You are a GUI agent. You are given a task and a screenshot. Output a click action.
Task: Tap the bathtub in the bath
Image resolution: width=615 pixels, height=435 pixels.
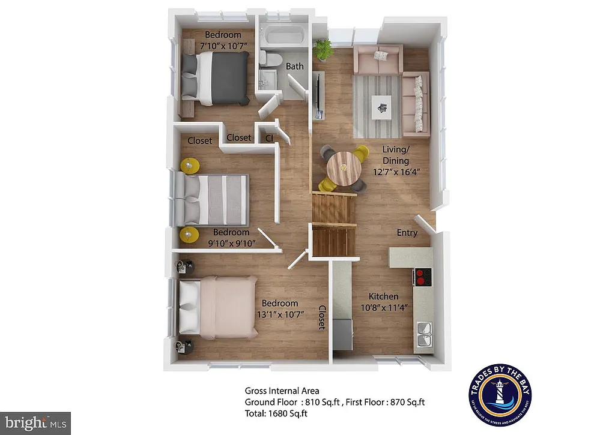point(285,35)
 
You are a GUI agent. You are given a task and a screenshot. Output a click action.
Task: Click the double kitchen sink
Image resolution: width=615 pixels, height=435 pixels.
point(424,334)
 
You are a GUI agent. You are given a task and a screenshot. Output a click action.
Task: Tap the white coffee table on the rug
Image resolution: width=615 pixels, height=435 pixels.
point(381,107)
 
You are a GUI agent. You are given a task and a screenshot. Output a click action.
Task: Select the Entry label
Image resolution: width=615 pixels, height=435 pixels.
point(407,233)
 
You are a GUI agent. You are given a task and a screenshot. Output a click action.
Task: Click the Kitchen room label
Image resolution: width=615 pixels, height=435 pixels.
point(383,296)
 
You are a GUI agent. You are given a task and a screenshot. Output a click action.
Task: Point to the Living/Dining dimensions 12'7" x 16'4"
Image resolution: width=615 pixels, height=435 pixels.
point(395,171)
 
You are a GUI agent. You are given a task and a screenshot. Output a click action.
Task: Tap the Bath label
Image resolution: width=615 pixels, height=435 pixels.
point(294,66)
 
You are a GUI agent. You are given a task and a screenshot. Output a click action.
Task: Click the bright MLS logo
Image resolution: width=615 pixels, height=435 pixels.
point(36,422)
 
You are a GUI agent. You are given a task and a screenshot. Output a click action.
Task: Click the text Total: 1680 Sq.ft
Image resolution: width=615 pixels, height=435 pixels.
point(276,413)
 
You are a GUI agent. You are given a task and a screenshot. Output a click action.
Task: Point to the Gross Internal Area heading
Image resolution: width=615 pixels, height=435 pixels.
point(282,391)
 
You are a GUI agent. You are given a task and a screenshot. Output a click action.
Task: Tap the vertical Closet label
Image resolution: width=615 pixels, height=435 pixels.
point(321,317)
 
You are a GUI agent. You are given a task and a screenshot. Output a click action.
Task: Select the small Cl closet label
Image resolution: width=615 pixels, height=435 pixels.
point(269,137)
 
